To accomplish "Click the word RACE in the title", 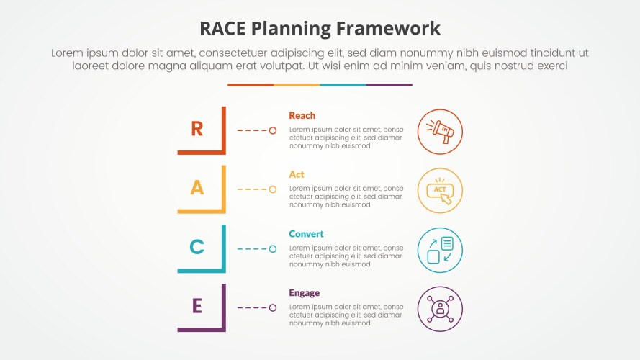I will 225,29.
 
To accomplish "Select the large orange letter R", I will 197,129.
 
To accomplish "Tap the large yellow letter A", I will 197,188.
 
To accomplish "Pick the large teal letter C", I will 197,248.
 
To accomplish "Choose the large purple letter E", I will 197,306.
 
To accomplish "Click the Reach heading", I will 302,115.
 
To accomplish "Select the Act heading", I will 297,174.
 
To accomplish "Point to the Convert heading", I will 306,234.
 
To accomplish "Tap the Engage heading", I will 304,293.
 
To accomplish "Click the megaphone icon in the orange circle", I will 440,132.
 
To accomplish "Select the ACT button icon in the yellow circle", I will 440,191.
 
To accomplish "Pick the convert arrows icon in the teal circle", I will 440,250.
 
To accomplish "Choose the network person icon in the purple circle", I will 440,309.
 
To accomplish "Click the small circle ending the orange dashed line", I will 273,130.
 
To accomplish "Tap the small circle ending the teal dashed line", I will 273,249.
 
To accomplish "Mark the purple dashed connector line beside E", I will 252,308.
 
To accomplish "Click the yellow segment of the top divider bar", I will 297,85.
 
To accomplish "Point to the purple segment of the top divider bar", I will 389,85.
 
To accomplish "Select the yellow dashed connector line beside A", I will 252,189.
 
